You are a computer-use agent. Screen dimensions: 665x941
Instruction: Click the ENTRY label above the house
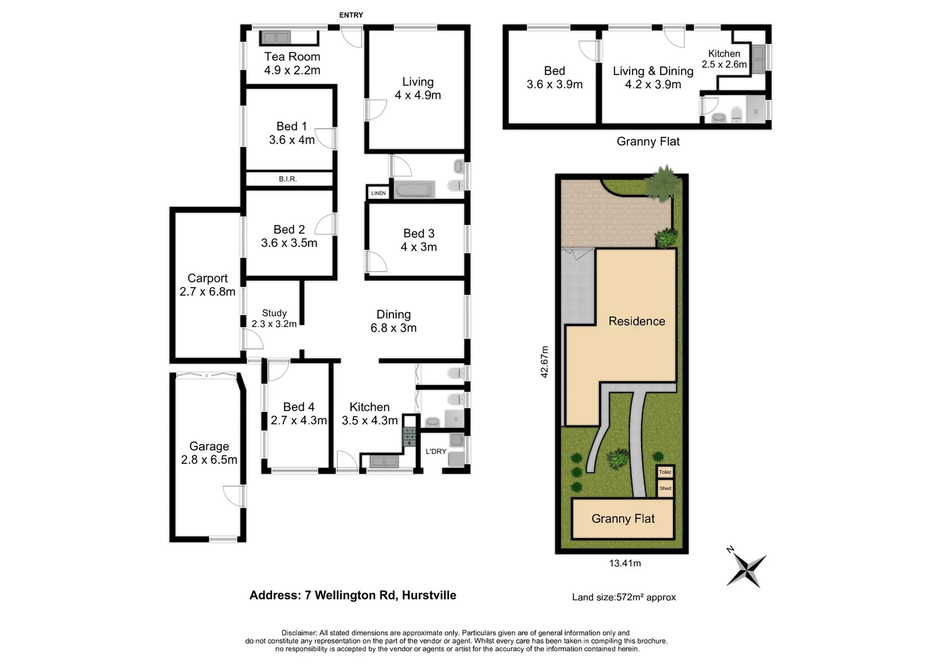click(351, 15)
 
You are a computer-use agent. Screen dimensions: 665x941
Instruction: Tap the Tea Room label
click(292, 57)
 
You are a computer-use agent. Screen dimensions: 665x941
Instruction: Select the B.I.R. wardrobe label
click(288, 179)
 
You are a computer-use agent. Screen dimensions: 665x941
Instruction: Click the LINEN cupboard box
click(378, 193)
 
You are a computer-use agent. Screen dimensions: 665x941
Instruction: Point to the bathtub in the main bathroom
click(414, 190)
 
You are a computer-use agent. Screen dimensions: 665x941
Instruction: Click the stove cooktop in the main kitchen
click(410, 437)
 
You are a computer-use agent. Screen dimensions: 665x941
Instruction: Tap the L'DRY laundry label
click(436, 451)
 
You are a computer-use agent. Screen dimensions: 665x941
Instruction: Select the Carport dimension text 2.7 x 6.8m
click(208, 292)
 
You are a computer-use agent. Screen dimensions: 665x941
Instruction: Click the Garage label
click(209, 446)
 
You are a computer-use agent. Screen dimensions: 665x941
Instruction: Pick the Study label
click(274, 313)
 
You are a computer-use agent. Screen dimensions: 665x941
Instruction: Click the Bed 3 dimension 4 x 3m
click(419, 247)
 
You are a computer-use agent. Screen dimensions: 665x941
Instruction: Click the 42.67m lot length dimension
click(544, 361)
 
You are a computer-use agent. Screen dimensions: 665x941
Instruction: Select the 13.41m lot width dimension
click(624, 563)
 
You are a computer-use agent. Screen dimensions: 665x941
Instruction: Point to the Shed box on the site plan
click(665, 488)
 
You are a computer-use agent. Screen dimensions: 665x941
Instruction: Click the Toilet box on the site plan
click(665, 472)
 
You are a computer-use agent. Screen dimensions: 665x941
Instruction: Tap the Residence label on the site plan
click(637, 321)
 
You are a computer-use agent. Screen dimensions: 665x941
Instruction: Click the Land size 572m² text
click(624, 597)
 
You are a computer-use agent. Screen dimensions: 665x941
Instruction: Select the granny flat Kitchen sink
click(758, 59)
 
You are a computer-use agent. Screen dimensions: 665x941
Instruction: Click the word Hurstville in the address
click(429, 595)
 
